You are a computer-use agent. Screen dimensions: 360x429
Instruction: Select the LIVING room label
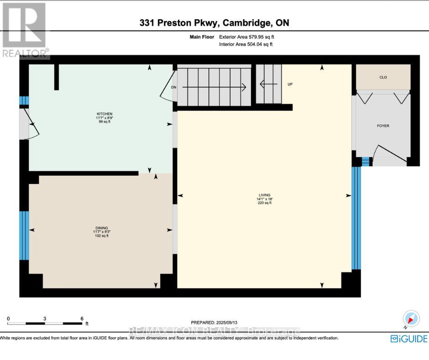pyautogui.click(x=264, y=199)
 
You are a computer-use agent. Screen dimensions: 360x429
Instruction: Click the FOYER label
pyautogui.click(x=383, y=126)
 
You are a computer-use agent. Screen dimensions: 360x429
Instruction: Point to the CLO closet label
pyautogui.click(x=383, y=77)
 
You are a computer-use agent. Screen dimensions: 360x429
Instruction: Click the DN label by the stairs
pyautogui.click(x=173, y=87)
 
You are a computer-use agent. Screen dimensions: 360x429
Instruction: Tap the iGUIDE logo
pyautogui.click(x=409, y=339)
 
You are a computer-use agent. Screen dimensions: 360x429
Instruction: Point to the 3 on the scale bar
pyautogui.click(x=45, y=318)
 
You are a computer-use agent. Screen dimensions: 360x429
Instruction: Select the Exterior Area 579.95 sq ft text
pyautogui.click(x=246, y=37)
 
